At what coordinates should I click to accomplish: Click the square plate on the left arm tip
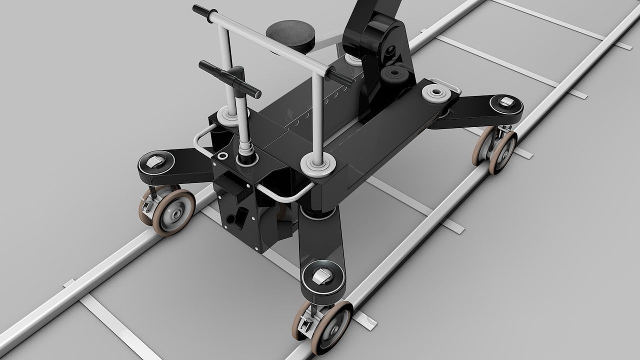pyautogui.click(x=155, y=162)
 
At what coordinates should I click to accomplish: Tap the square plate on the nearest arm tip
pyautogui.click(x=322, y=276)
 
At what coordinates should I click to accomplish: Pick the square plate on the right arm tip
pyautogui.click(x=507, y=102)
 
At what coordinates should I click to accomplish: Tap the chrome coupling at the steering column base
pyautogui.click(x=246, y=150)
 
